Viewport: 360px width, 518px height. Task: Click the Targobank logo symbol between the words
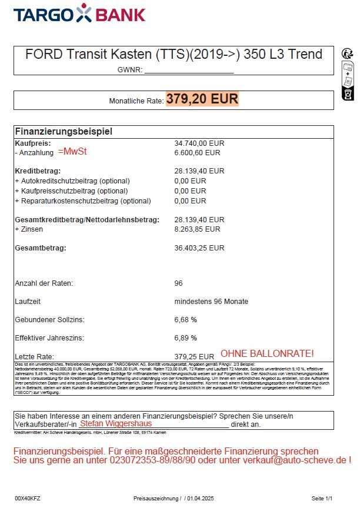pos(84,14)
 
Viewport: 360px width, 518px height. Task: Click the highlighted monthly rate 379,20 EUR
pos(202,99)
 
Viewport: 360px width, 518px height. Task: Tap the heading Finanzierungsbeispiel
pos(64,132)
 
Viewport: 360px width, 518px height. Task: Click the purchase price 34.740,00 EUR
pos(199,143)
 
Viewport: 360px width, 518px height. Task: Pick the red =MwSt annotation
pos(72,152)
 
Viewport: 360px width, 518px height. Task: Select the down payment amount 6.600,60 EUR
pos(198,152)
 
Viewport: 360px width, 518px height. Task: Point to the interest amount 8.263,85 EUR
pos(198,229)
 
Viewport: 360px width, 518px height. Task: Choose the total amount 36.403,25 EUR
pos(199,248)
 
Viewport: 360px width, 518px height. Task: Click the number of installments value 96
pos(179,283)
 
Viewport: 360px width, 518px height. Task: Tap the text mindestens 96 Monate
pos(211,302)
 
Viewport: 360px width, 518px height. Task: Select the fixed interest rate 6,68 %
pos(186,320)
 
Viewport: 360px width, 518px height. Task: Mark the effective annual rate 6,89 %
pos(186,338)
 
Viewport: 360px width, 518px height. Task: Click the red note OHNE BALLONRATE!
pos(267,354)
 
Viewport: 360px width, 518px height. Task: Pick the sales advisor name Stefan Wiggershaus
pos(116,423)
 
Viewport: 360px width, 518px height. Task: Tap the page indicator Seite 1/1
pos(322,499)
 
